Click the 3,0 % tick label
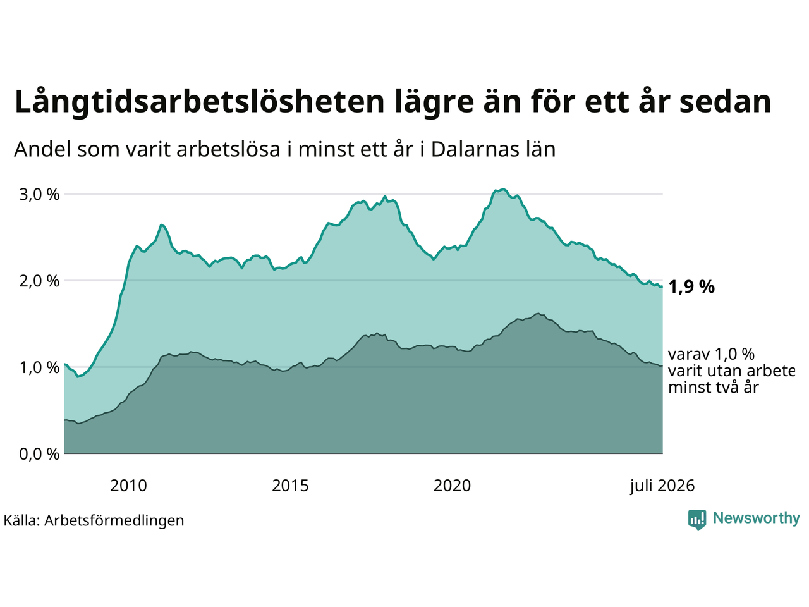click(x=39, y=194)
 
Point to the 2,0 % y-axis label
click(x=39, y=281)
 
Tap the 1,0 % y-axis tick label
click(x=39, y=368)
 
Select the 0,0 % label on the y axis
click(x=39, y=455)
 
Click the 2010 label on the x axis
click(x=128, y=486)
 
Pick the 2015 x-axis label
click(x=290, y=486)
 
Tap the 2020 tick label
click(x=452, y=486)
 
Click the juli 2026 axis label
click(x=662, y=486)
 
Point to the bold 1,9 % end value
click(x=691, y=286)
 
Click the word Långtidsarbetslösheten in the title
click(x=199, y=102)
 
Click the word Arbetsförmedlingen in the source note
click(x=114, y=521)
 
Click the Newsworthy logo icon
click(x=697, y=520)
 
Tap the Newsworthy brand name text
click(x=757, y=518)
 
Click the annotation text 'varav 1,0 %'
click(x=711, y=354)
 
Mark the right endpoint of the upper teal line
click(x=662, y=286)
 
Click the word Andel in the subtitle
click(x=42, y=150)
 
